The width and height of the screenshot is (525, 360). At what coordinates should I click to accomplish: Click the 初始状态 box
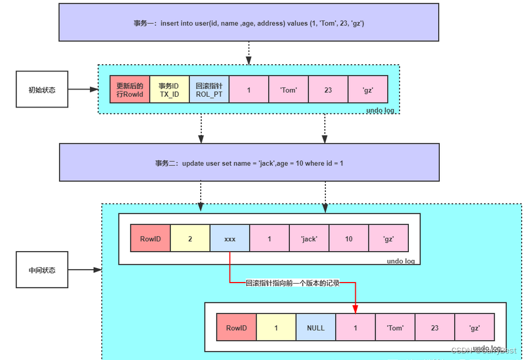click(42, 89)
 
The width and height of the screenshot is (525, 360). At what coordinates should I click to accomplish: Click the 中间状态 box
click(42, 270)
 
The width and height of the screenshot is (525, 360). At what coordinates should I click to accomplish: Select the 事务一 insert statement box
click(248, 23)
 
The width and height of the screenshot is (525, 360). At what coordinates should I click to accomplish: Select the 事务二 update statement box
click(249, 163)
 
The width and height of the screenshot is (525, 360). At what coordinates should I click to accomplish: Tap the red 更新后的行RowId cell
click(129, 90)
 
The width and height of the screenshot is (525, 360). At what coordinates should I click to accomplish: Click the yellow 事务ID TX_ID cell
click(169, 90)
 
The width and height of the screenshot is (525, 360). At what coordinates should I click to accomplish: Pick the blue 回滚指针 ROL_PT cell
click(209, 90)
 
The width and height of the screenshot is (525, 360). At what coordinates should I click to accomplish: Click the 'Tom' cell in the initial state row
click(288, 90)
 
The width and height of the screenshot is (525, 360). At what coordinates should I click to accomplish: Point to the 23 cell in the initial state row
click(328, 90)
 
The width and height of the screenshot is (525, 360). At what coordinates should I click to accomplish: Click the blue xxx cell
click(230, 239)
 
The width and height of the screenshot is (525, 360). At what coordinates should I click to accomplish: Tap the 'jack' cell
click(309, 239)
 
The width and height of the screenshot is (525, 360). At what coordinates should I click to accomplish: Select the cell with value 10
click(349, 239)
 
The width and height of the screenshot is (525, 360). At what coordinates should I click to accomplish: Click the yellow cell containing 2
click(190, 239)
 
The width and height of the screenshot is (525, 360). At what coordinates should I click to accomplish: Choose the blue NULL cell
click(316, 328)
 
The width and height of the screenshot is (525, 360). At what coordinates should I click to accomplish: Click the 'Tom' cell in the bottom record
click(395, 328)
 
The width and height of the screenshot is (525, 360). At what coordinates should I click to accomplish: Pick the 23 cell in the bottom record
click(435, 328)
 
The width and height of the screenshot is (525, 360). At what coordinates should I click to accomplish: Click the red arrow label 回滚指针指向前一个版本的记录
click(293, 283)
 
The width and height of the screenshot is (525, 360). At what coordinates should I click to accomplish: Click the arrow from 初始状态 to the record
click(83, 89)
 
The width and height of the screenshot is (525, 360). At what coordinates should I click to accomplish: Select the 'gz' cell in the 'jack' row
click(388, 239)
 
